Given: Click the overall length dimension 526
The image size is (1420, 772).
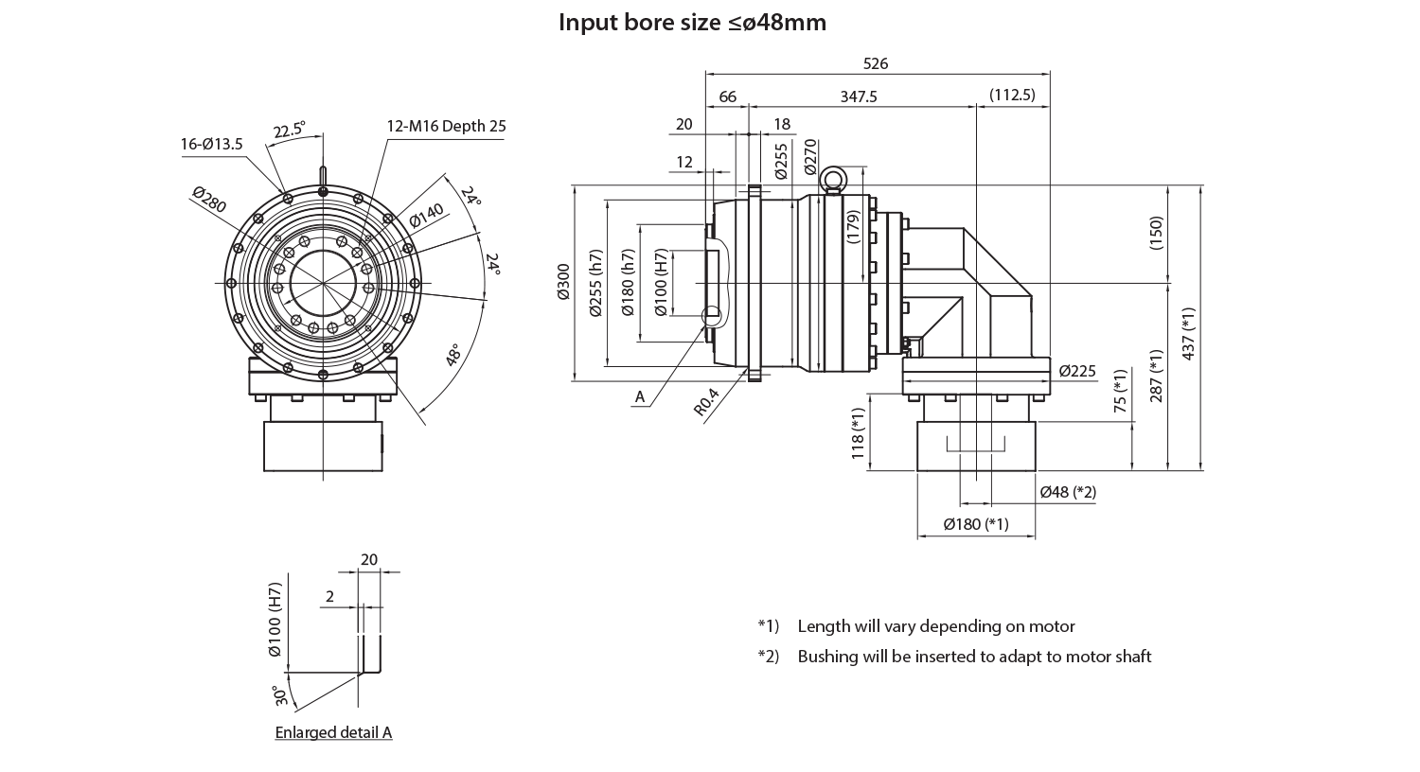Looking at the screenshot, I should (x=877, y=64).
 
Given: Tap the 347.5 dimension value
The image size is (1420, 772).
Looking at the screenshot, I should (x=859, y=96).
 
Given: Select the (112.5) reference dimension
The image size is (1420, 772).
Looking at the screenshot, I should (x=1011, y=96).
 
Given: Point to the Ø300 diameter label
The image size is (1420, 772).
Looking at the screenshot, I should (x=564, y=283).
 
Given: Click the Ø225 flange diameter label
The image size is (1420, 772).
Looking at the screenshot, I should (x=1077, y=370).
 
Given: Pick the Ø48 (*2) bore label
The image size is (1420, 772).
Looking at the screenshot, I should (x=1068, y=492).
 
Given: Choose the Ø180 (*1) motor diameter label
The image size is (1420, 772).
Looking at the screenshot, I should (x=976, y=524).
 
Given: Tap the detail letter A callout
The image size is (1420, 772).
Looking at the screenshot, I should (x=640, y=397).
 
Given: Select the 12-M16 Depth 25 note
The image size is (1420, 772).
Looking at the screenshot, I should (x=446, y=126).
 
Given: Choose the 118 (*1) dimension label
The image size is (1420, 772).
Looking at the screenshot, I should (x=859, y=433).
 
